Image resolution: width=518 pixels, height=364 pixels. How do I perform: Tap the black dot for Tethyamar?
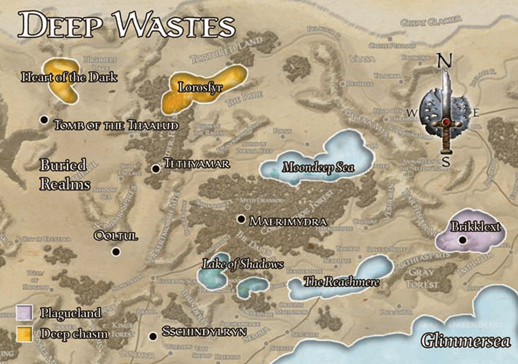click(155, 169)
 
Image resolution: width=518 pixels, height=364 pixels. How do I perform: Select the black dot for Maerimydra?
click(241, 219)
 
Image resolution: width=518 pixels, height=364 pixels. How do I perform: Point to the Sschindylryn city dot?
click(153, 336)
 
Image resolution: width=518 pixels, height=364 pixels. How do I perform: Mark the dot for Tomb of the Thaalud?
click(45, 120)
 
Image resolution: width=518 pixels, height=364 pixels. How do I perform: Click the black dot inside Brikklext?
click(463, 239)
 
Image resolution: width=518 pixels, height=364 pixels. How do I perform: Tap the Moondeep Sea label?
click(318, 167)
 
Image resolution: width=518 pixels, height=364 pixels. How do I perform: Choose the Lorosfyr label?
click(200, 87)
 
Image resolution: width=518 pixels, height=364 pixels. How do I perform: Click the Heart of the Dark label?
click(69, 78)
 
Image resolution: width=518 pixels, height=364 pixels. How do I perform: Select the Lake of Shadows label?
click(243, 264)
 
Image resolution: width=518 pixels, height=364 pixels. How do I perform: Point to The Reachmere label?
click(341, 282)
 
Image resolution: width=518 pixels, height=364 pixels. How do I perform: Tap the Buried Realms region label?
click(65, 174)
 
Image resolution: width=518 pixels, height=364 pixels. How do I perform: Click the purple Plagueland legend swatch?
click(24, 313)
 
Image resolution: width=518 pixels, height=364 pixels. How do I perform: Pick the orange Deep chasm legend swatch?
click(24, 333)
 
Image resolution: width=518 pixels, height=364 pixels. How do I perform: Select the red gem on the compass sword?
click(445, 122)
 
